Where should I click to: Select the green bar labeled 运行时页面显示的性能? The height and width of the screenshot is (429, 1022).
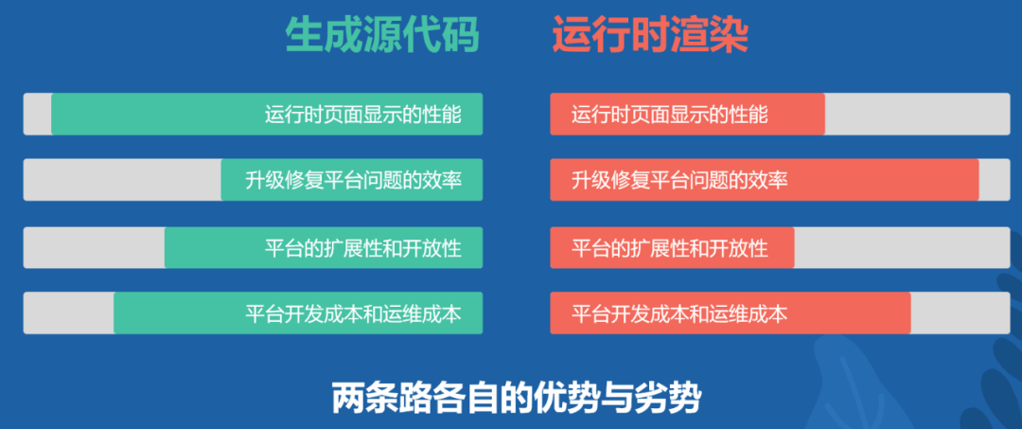coord(267,114)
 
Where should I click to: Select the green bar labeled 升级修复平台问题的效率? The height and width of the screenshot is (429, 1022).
coord(352,180)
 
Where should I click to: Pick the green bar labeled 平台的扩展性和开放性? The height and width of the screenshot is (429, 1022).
coord(324,247)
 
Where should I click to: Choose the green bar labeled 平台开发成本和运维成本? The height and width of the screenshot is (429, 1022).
coord(298,313)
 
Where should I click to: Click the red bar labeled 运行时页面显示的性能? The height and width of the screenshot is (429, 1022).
coord(687,114)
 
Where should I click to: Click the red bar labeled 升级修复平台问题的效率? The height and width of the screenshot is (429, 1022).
coord(764,180)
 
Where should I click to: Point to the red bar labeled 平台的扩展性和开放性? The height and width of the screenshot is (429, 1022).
coord(672,247)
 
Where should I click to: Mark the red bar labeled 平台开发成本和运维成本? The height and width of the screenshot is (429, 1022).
coord(730,313)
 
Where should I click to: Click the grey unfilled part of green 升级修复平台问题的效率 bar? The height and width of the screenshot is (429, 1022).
coord(122,180)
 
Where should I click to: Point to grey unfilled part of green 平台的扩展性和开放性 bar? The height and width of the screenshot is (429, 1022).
coord(94,247)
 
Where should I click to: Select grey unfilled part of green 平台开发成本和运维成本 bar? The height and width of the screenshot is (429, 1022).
coord(68,313)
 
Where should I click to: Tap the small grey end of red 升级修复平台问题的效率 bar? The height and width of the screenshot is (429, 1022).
coord(994,180)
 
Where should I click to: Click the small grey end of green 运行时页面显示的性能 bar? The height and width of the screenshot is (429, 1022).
coord(37,114)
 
